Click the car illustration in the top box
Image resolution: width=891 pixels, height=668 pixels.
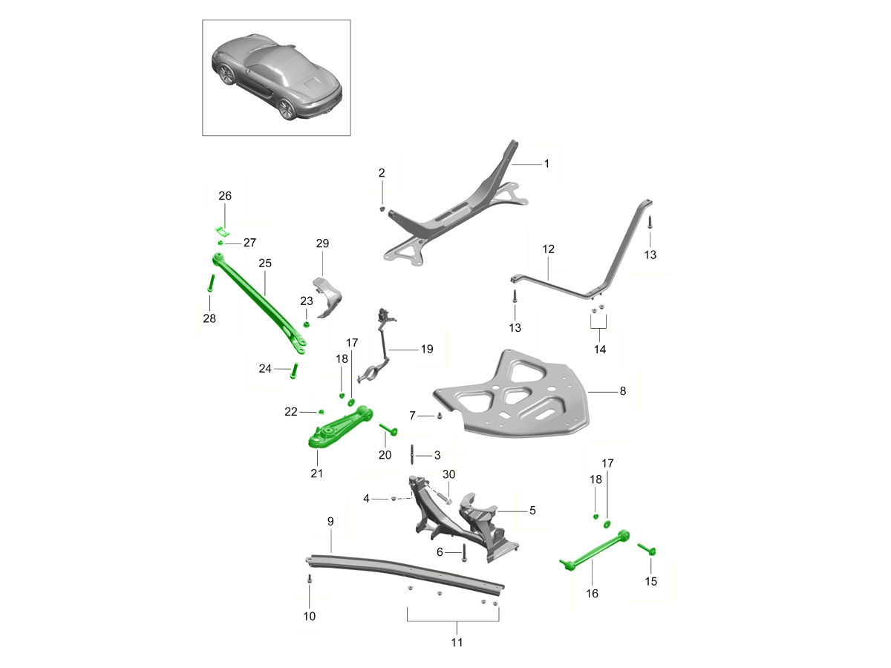click(276, 77)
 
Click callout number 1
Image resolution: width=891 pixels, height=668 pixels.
click(546, 163)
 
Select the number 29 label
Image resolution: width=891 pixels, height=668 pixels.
click(322, 243)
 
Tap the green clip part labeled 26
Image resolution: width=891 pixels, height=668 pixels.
click(222, 232)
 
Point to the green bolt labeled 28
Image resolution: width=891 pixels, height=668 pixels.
click(211, 283)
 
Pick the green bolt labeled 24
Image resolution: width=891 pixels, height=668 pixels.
click(293, 370)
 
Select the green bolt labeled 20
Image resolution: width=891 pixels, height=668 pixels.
click(388, 430)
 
